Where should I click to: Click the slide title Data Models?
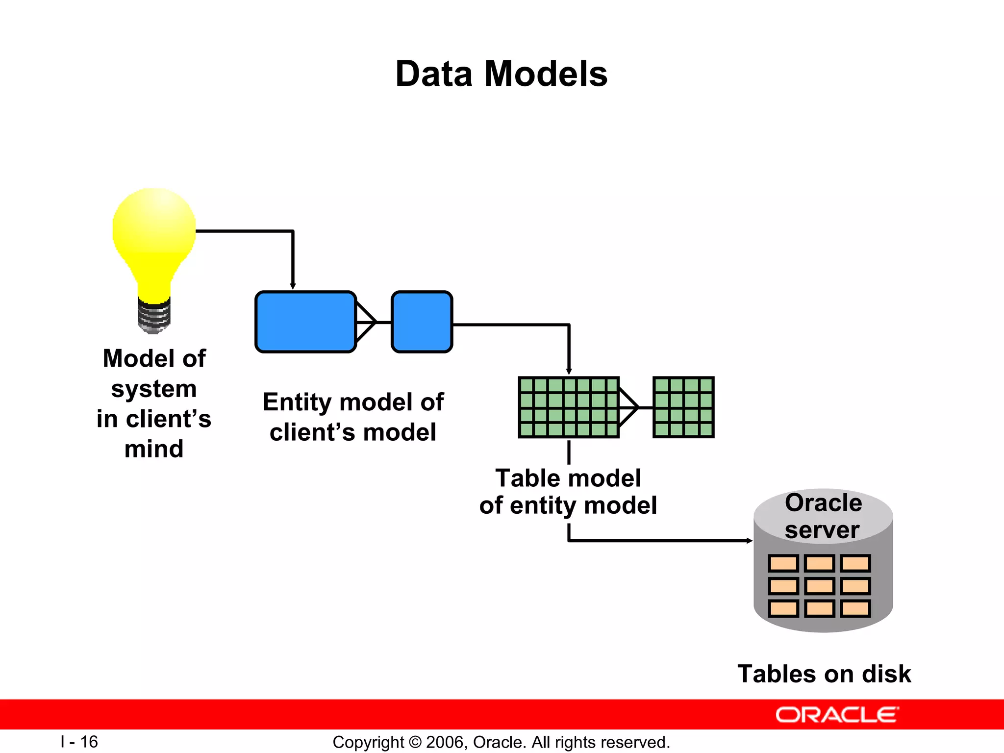coord(501,74)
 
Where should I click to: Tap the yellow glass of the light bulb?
coord(154,235)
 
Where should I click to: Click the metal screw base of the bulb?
coord(154,316)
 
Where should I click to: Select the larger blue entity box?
coord(305,322)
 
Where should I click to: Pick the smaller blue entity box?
coord(422,322)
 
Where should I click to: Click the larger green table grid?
coord(569,407)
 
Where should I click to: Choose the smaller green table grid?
coord(683,407)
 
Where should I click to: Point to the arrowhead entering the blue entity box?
coord(293,286)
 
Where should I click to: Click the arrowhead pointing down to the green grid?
coord(569,372)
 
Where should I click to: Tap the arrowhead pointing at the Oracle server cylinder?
coord(749,541)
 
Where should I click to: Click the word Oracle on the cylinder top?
coord(823,503)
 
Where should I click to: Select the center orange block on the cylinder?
coord(819,586)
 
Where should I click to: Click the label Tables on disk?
coord(824,674)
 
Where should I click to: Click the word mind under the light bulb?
coord(154,449)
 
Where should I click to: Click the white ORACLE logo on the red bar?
coord(837,715)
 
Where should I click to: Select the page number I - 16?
coord(79,742)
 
